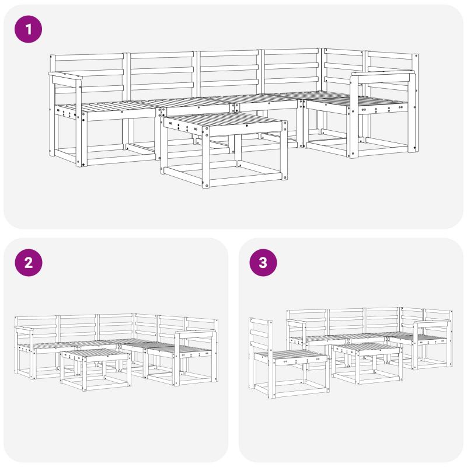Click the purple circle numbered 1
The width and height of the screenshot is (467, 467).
(x=28, y=29)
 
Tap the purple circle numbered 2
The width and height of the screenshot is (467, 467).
(x=28, y=263)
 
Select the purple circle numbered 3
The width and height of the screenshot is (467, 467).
(x=263, y=263)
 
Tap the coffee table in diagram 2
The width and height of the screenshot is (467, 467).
(x=96, y=370)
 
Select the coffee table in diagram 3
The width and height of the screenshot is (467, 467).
(x=367, y=364)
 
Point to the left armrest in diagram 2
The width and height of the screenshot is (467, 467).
(x=25, y=329)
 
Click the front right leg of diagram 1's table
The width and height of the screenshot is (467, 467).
(x=206, y=157)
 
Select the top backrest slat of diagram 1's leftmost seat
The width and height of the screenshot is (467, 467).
(x=89, y=57)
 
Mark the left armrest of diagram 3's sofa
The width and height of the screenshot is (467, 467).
(x=297, y=322)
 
